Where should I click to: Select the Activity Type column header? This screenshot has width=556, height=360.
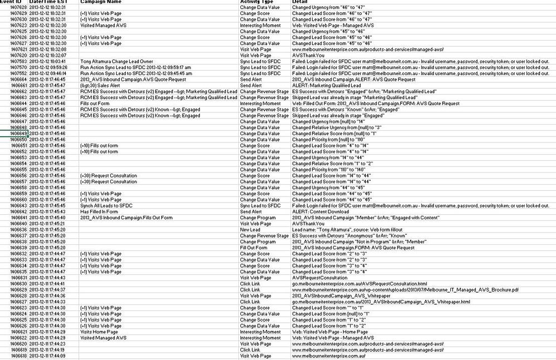click(257, 2)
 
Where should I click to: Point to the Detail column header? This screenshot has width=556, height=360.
click(299, 2)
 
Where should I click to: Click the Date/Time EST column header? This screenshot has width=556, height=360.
click(48, 2)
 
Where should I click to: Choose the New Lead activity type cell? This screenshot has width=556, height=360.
click(250, 229)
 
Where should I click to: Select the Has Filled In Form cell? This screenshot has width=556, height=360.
click(100, 211)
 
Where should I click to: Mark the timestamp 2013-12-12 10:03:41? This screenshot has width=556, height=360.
click(48, 61)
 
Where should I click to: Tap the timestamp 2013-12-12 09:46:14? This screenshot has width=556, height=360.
click(48, 73)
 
